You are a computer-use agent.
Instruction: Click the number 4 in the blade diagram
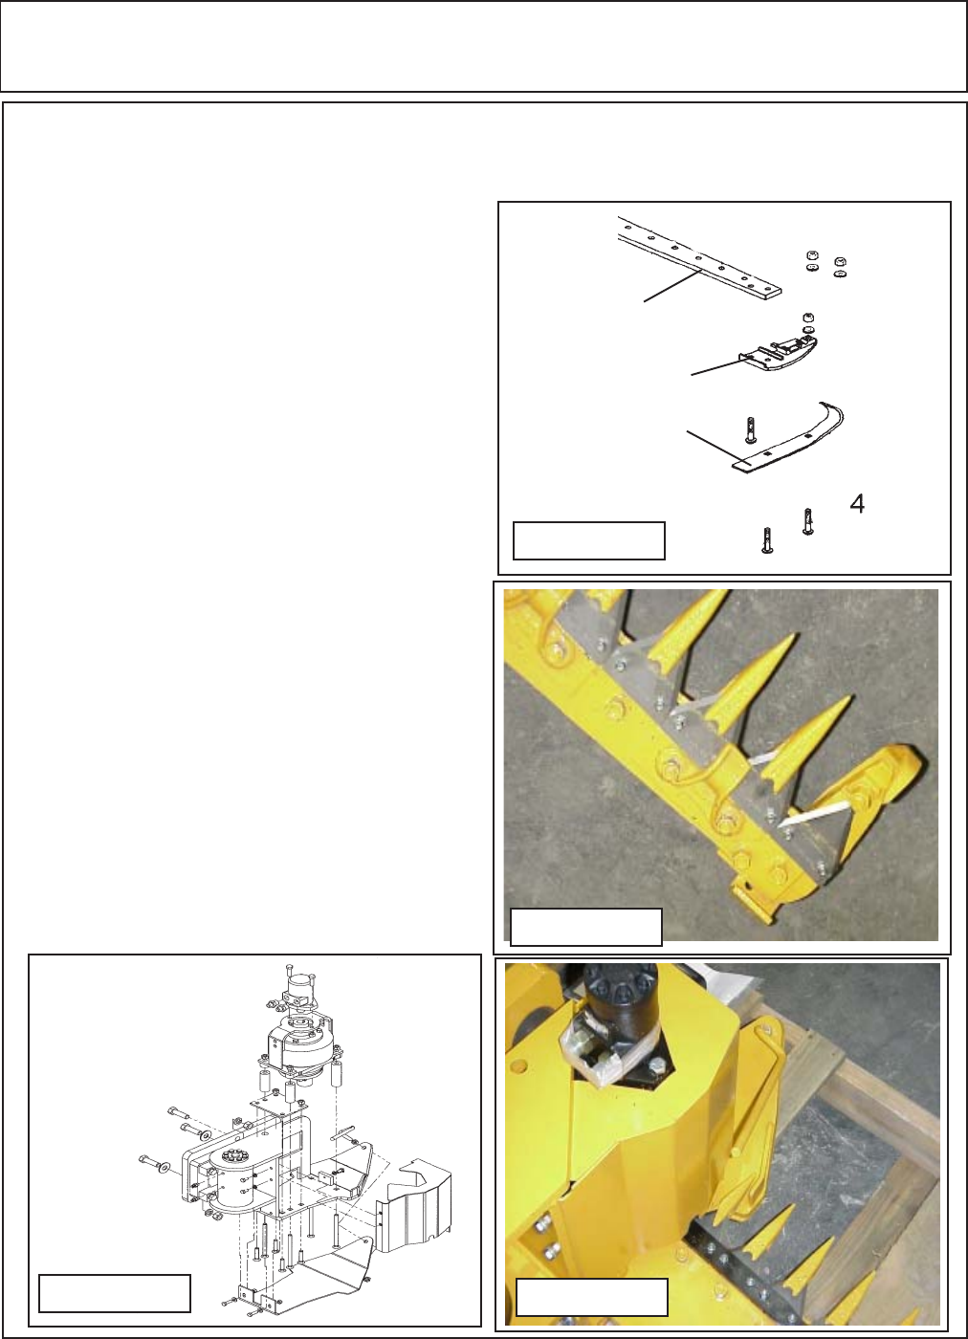coord(857,505)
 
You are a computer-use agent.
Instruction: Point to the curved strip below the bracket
coord(787,438)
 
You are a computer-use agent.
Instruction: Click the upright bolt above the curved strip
coord(750,429)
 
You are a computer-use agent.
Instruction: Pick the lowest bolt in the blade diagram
coord(766,540)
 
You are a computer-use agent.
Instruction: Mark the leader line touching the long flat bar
coord(672,286)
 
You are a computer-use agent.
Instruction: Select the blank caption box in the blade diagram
coord(589,540)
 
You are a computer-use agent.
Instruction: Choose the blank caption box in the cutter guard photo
coord(586,927)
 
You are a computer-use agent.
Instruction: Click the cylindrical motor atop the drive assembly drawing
coord(297,986)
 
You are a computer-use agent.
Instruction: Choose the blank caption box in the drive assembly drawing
coord(115,1293)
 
